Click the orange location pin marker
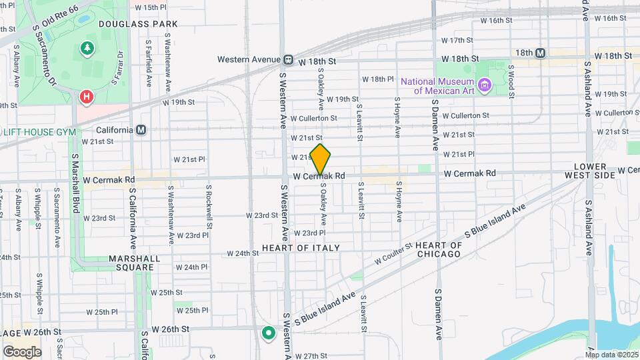coord(321,159)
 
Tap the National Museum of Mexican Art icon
coord(485,85)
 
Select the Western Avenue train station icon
coord(288,59)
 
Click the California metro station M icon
coord(141,130)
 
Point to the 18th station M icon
coord(540,53)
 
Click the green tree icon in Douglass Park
coord(86,47)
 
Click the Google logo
coord(22,351)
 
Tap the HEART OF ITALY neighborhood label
coord(301,248)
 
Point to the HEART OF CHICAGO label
coord(438,249)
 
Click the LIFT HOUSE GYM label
coord(40,132)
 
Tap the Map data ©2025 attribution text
coord(613,354)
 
